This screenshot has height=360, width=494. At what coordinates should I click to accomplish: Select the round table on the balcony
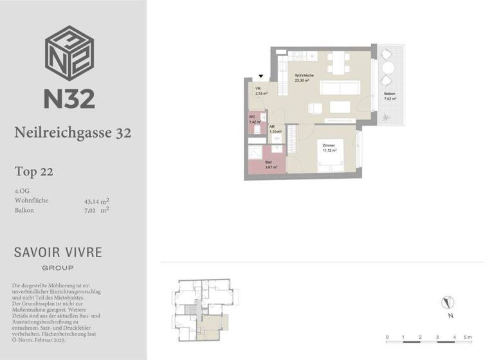coord(389,68)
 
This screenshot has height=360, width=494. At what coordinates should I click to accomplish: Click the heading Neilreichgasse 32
coord(72,133)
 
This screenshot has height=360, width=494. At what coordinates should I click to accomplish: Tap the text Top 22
coord(33,172)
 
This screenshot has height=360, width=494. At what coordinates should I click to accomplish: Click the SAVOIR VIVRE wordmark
coord(58,252)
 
